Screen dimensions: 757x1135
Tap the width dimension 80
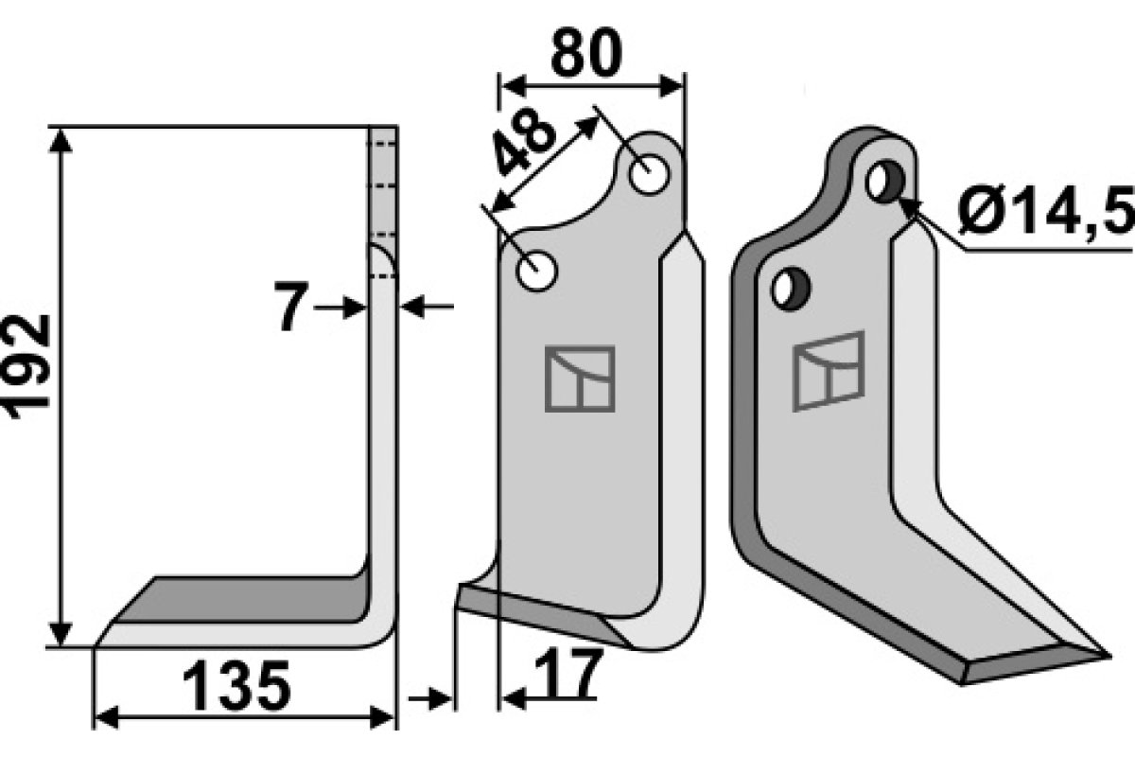pyautogui.click(x=585, y=56)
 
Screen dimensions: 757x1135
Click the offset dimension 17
pyautogui.click(x=567, y=675)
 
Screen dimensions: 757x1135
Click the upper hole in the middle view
pyautogui.click(x=649, y=176)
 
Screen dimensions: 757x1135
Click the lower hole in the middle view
pyautogui.click(x=537, y=273)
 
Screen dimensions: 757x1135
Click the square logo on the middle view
pyautogui.click(x=580, y=378)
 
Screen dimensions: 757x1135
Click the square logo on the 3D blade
pyautogui.click(x=829, y=371)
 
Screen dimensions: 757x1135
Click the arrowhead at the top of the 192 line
pyautogui.click(x=61, y=138)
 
